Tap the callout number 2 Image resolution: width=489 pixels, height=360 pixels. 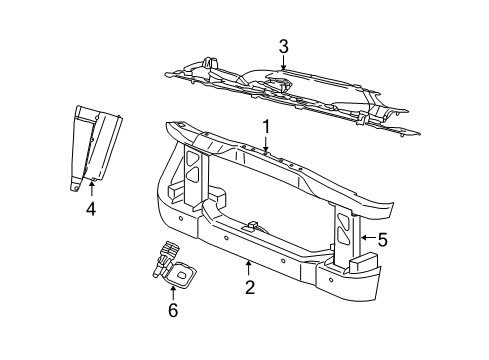coord(249,288)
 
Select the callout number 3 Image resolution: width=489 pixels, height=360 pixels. coord(283,45)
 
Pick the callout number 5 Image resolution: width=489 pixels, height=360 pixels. coord(381,239)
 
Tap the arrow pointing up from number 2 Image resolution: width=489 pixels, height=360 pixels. coord(249,266)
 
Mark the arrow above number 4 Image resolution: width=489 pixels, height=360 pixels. coord(91,187)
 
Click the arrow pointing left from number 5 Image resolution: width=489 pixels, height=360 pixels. coord(365,239)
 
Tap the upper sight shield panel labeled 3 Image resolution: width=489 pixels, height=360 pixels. coord(300,95)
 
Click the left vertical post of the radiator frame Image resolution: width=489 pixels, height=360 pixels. coord(192,180)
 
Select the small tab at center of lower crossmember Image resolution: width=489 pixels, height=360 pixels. coord(256,226)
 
